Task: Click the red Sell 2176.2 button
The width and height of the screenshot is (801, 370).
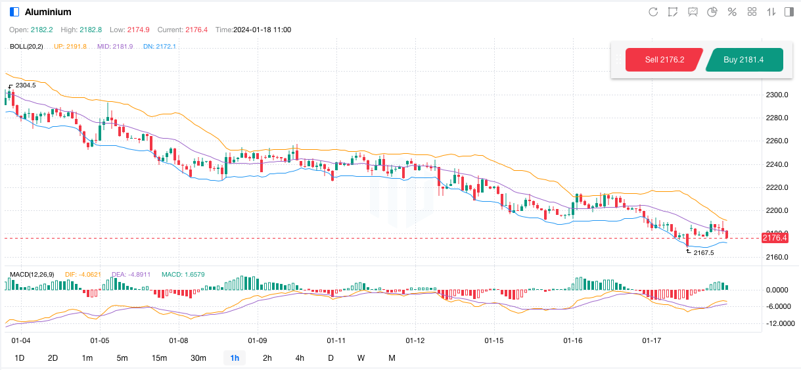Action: coord(664,60)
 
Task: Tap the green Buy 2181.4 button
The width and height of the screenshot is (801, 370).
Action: coord(743,60)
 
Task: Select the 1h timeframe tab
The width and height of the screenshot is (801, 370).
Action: coord(235,358)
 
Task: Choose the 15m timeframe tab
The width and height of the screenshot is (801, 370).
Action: coord(159,358)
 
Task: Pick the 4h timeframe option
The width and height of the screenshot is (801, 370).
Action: coord(300,358)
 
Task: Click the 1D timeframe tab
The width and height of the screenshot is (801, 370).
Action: coord(20,358)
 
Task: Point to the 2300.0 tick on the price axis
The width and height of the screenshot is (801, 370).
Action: coord(777,95)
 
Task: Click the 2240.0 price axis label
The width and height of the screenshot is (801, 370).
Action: coord(777,164)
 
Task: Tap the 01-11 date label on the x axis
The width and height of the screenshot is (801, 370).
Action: coord(336,341)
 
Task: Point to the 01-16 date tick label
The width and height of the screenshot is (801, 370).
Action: coord(573,341)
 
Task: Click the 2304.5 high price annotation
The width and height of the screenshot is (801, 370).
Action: coord(26,85)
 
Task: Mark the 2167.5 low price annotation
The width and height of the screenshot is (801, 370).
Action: coord(704,252)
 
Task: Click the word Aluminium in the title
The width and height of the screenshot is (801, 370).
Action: coord(48,12)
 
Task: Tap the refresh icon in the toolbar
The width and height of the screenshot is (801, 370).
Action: coord(653,12)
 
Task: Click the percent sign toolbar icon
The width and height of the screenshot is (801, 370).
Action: coord(732,12)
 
